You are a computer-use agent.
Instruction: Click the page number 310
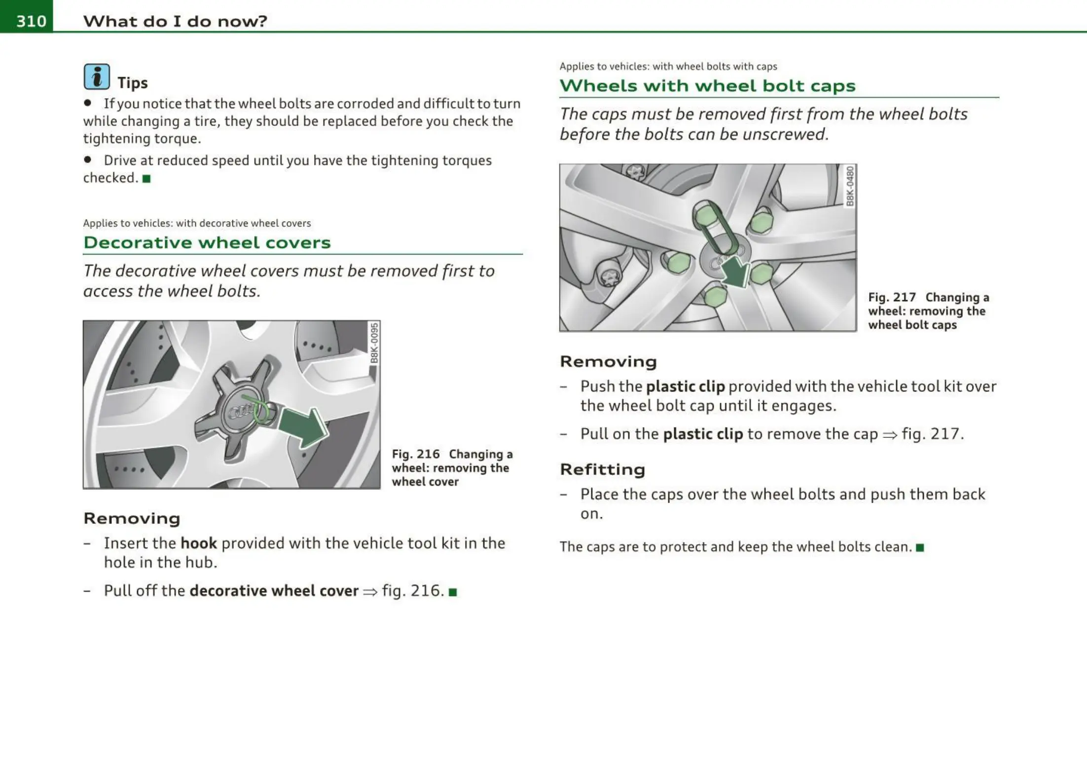(31, 21)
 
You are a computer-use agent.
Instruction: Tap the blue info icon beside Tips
(97, 77)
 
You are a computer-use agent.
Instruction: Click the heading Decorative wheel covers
(207, 242)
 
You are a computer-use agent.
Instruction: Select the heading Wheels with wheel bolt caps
(707, 86)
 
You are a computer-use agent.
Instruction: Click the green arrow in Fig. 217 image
(735, 271)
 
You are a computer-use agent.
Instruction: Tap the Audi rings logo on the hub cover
(243, 411)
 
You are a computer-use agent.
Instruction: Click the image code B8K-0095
(375, 343)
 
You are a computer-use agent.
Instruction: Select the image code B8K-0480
(850, 186)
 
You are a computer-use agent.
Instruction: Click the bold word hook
(199, 543)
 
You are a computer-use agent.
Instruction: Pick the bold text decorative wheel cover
(274, 590)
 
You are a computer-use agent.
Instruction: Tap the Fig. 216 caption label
(416, 454)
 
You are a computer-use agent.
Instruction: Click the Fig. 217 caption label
(892, 297)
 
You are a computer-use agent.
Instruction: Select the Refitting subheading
(602, 469)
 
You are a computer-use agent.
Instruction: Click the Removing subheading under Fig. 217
(609, 361)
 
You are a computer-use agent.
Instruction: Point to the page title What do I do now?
(175, 21)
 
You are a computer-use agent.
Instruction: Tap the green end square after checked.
(146, 179)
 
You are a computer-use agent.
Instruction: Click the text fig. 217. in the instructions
(933, 433)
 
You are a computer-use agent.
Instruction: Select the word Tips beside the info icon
(132, 83)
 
